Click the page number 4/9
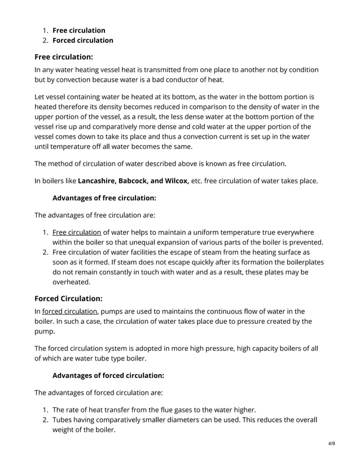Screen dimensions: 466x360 331,443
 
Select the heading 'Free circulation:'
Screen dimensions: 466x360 64,56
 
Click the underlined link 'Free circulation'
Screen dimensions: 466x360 77,232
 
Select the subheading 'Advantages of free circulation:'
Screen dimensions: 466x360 104,198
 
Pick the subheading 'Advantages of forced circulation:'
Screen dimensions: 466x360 108,376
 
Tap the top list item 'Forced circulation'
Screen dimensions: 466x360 83,40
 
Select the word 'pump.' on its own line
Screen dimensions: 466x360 45,331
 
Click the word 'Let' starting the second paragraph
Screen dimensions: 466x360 41,96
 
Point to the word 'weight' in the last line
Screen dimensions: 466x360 65,430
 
